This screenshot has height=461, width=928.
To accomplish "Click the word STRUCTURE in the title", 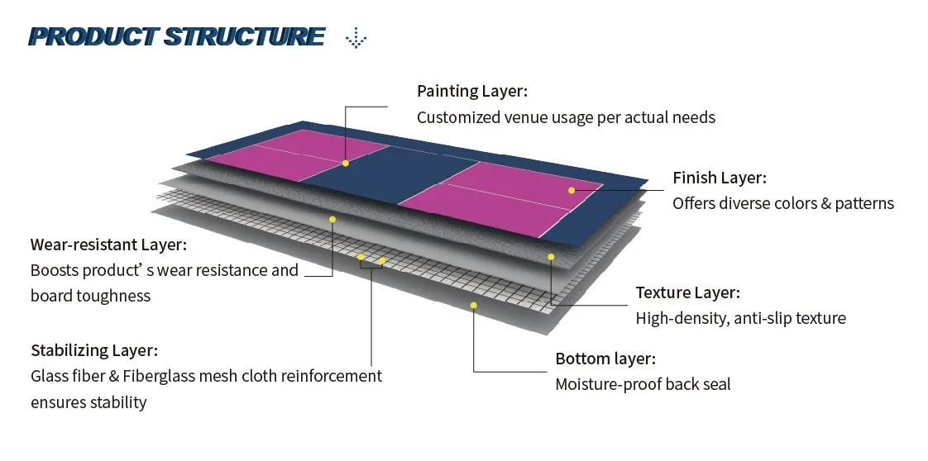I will pos(244,37).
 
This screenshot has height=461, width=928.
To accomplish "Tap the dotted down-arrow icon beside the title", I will pos(356,37).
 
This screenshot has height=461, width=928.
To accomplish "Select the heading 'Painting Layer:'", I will pos(471,91).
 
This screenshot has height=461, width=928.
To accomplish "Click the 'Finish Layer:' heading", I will pos(719,178).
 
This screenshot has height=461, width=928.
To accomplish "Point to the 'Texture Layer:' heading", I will pos(687,292).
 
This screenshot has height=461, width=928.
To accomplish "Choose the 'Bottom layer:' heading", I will pos(605,359).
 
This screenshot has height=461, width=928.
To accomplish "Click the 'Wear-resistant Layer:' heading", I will pos(108,245).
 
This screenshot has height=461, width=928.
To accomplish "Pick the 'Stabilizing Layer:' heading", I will pos(94,350).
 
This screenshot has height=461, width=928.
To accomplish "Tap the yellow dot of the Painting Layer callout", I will pos(346,163).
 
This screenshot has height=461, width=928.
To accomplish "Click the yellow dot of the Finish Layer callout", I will pos(572,190).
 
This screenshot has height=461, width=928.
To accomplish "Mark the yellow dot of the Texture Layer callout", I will pos(551,257).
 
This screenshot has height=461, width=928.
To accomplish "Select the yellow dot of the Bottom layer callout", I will pos(474,305).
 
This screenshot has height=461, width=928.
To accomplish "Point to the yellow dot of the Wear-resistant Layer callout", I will pos(332,219).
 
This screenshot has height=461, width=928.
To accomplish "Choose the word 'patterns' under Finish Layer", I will pos(865,203).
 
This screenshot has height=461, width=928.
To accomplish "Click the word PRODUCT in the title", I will pos(93,37).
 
